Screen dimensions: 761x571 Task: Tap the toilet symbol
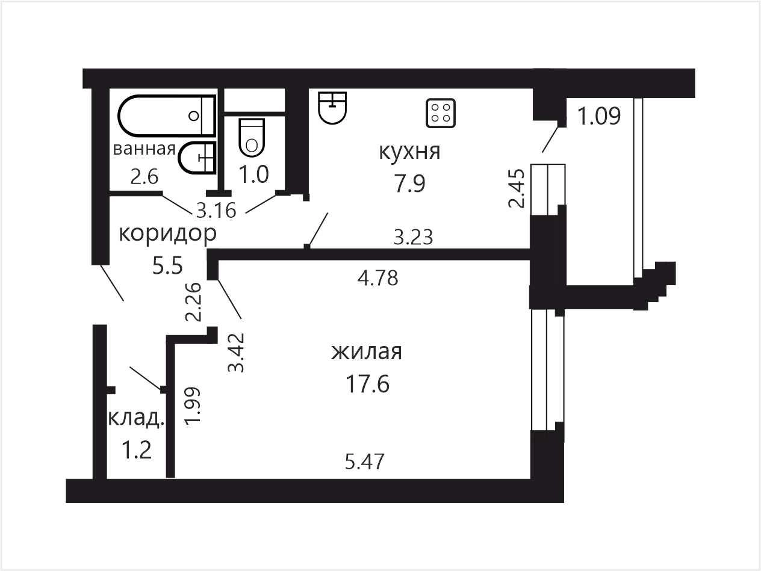click(252, 138)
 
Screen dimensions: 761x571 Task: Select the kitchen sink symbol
click(332, 108)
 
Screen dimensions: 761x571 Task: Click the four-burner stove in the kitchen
click(441, 113)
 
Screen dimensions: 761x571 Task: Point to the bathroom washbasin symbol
click(197, 158)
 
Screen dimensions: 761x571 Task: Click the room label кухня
click(409, 152)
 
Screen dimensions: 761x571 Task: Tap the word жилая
click(367, 351)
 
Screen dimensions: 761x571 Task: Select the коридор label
click(168, 235)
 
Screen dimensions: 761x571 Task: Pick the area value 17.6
click(367, 384)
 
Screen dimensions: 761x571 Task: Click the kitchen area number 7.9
click(409, 184)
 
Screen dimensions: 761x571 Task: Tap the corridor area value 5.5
click(167, 266)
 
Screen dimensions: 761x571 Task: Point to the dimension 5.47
click(365, 461)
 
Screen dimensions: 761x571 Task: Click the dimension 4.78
click(378, 278)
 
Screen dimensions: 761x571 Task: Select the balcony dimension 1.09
click(599, 116)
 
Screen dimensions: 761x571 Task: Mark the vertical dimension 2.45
click(517, 188)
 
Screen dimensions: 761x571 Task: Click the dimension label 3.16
click(216, 211)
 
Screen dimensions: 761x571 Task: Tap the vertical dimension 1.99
click(193, 405)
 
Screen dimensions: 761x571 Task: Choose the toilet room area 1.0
click(254, 174)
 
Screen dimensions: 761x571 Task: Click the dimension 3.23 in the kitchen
click(414, 237)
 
